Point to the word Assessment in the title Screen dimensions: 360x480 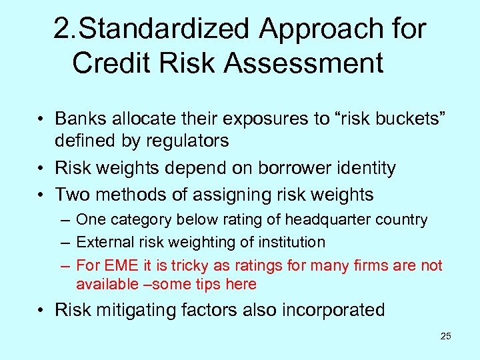point(304,63)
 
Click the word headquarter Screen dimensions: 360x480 point(337,219)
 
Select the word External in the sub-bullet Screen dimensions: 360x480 point(101,242)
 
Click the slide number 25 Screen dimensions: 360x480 point(445,336)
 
